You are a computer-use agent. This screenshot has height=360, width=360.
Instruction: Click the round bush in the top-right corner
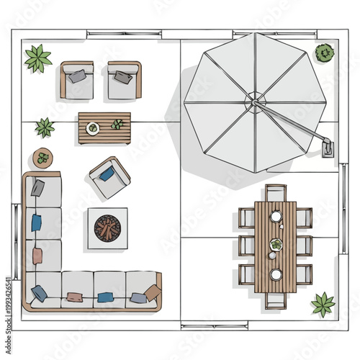(325, 53)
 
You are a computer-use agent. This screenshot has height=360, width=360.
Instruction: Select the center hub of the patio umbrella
(253, 102)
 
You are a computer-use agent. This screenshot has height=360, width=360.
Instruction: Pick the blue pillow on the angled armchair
(107, 174)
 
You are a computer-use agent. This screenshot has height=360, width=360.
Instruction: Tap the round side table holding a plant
(43, 158)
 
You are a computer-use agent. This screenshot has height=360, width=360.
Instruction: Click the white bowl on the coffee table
(93, 128)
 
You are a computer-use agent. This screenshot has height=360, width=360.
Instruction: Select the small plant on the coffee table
(117, 125)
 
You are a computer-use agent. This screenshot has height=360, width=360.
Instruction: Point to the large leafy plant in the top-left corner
(37, 58)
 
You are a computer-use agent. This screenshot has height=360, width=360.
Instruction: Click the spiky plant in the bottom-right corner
(323, 304)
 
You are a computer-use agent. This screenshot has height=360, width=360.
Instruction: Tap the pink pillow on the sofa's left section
(37, 256)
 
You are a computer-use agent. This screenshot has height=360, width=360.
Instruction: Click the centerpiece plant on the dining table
(276, 246)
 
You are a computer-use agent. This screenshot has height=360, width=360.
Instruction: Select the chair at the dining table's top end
(275, 193)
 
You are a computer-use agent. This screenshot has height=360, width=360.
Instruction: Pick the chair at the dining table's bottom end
(275, 300)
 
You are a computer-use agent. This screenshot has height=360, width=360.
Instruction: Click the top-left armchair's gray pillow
(78, 75)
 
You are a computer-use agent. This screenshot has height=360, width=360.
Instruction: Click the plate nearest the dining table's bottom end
(276, 274)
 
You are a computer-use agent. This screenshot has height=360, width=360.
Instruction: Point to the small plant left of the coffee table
(45, 127)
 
